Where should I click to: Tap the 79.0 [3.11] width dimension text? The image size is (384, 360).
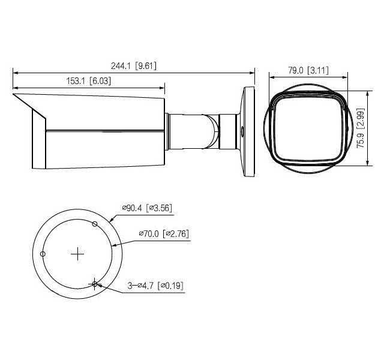[307, 70]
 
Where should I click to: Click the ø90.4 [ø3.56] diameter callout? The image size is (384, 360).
[148, 208]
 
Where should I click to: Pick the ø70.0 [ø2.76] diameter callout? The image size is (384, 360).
[164, 233]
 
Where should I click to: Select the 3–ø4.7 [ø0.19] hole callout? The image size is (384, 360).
[155, 287]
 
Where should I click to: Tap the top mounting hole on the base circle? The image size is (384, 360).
[95, 224]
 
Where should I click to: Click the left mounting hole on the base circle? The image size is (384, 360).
[42, 254]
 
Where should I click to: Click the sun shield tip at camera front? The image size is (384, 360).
[14, 94]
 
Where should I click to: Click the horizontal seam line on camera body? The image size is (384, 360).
[105, 130]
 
